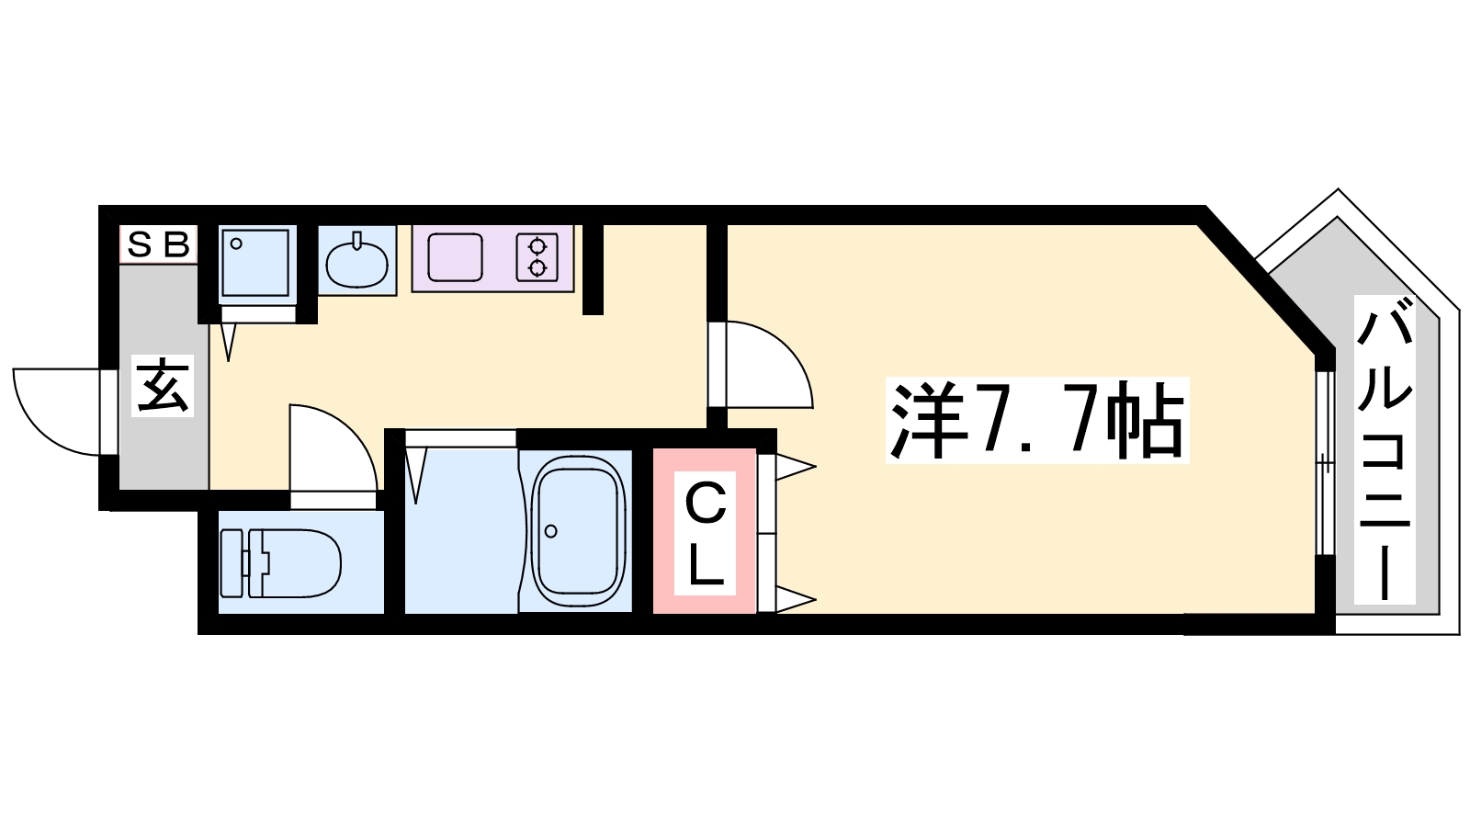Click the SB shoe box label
point(158,244)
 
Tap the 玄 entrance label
point(163,386)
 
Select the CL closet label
point(705,533)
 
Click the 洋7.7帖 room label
point(1037,420)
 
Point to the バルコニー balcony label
point(1385,458)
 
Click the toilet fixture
point(281,563)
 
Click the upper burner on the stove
point(538,246)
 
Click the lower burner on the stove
point(538,268)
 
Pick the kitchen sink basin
point(455,258)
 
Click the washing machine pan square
point(254,263)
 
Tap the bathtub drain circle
point(551,531)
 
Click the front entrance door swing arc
point(40,430)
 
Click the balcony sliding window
point(1326,463)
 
